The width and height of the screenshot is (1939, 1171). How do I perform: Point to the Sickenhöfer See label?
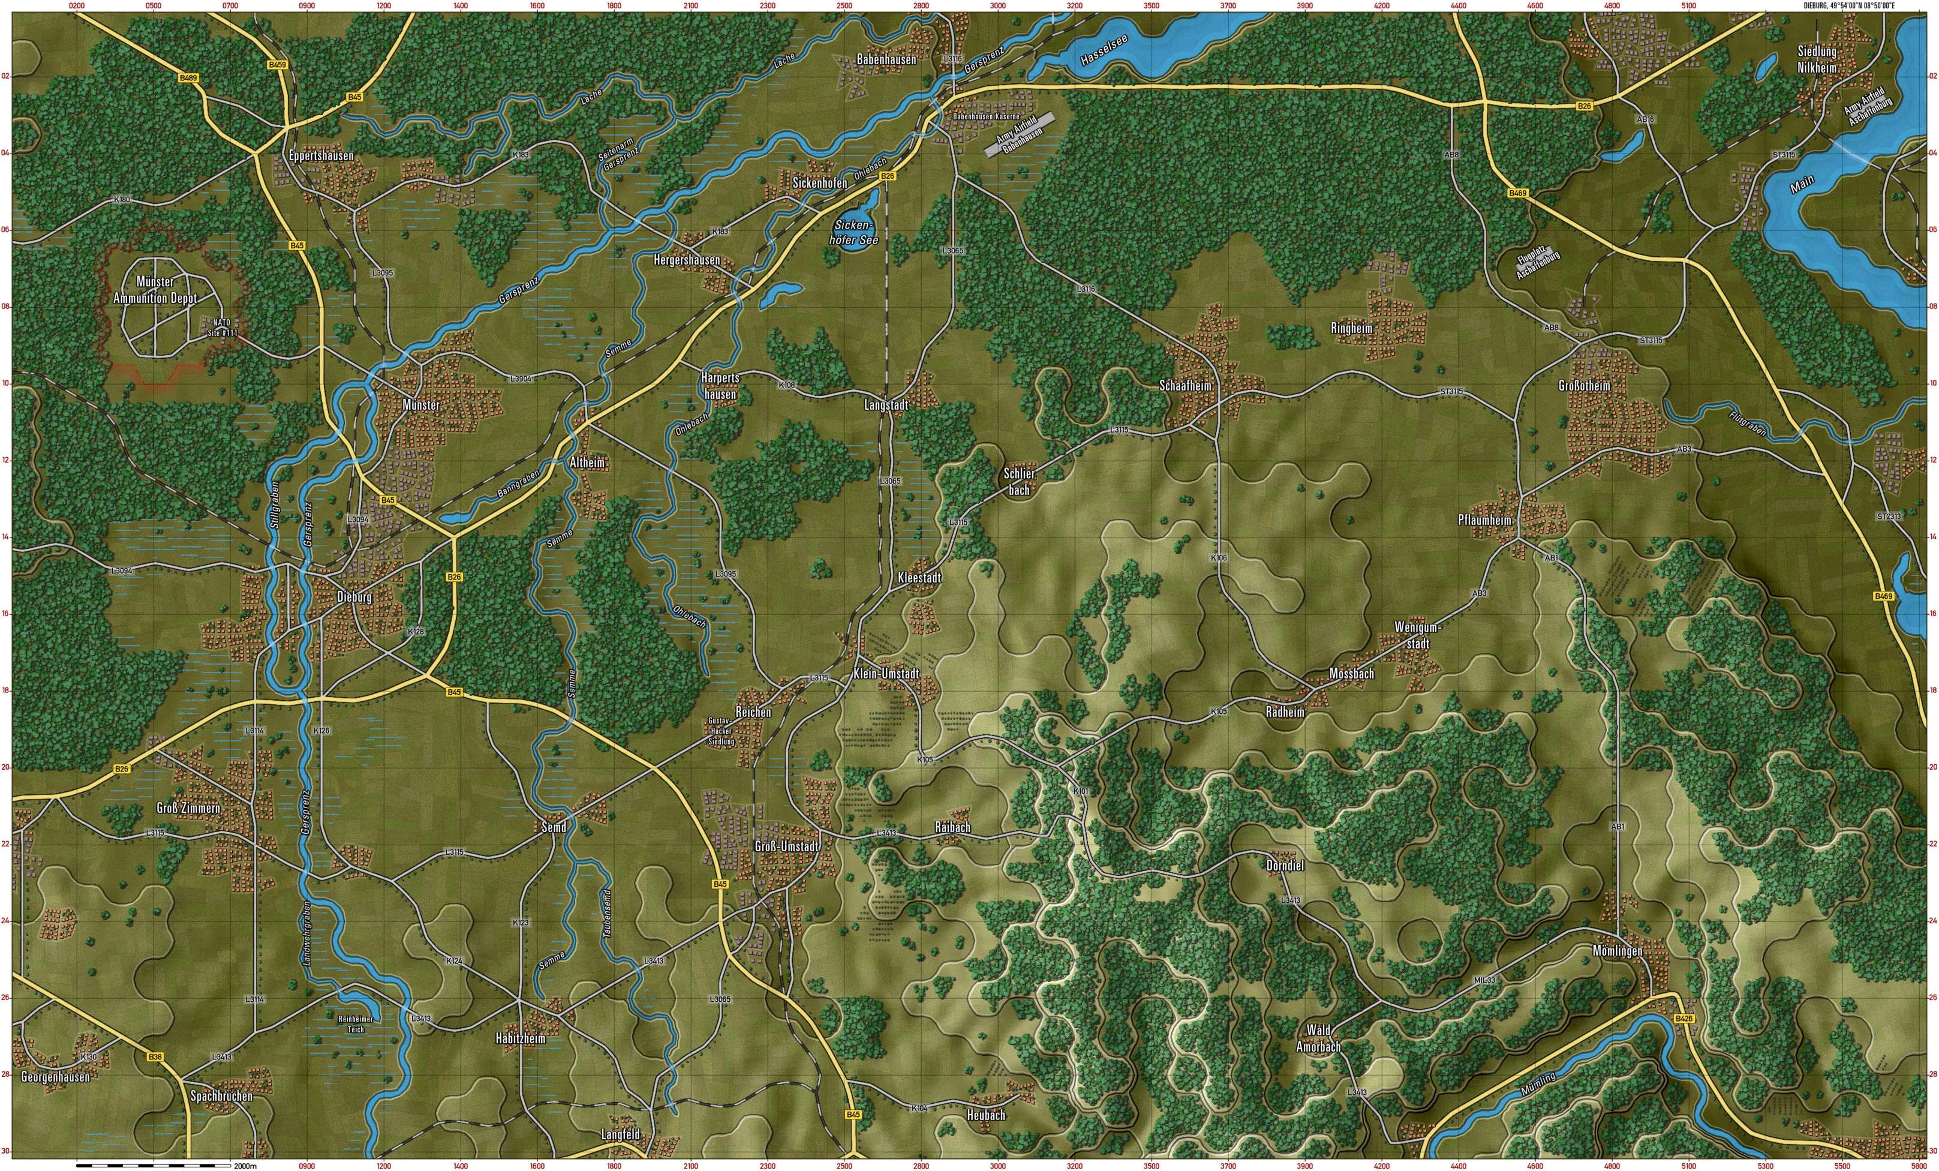(854, 232)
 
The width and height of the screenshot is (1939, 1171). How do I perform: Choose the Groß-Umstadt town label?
(787, 846)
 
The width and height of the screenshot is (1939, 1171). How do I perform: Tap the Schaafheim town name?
(1186, 386)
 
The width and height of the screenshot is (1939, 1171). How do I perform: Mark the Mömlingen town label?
(1617, 951)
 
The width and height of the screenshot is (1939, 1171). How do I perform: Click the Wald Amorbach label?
(1318, 1038)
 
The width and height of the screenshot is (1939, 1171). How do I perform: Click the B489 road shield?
(188, 78)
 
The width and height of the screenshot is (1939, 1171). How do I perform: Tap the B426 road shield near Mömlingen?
(1684, 1019)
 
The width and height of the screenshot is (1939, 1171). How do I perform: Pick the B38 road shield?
(155, 1057)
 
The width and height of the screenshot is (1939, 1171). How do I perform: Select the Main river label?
(1801, 184)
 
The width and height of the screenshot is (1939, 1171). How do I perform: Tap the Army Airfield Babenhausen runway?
(1019, 136)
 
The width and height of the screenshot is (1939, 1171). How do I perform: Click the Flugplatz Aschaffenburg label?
(1537, 265)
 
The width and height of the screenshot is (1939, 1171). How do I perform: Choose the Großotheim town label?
(1584, 386)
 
